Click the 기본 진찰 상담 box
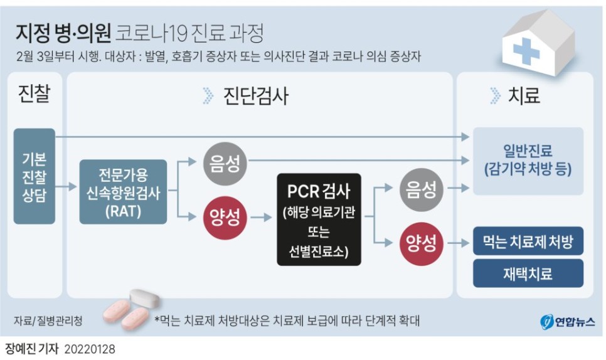[34, 176]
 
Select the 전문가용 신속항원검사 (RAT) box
[123, 192]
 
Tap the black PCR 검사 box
[319, 219]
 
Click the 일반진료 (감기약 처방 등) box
[528, 160]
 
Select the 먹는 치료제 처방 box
[528, 240]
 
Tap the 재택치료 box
[528, 273]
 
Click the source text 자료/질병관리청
[48, 320]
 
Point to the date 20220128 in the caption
[89, 347]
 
